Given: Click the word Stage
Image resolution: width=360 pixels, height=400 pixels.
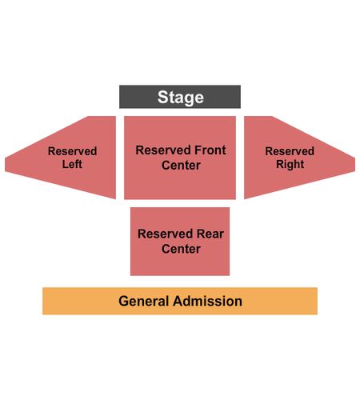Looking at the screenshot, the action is pyautogui.click(x=181, y=97).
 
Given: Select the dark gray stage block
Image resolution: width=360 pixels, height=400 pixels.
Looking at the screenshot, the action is pyautogui.click(x=180, y=97).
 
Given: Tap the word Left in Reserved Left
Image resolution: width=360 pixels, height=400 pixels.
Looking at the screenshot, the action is pyautogui.click(x=72, y=164).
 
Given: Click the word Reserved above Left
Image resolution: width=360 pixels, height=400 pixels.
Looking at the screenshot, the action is pyautogui.click(x=72, y=151).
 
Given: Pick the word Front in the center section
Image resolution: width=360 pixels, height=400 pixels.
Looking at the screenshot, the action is pyautogui.click(x=210, y=150).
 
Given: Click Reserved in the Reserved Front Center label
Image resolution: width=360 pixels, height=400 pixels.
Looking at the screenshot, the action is pyautogui.click(x=163, y=150).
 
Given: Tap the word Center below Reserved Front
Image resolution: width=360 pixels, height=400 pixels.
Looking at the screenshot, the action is pyautogui.click(x=181, y=166).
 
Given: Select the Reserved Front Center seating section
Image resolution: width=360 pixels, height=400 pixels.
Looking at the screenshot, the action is pyautogui.click(x=180, y=158).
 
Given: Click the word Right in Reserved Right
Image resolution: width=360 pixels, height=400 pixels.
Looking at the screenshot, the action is pyautogui.click(x=290, y=164).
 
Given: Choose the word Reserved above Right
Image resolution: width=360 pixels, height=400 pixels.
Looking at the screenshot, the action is pyautogui.click(x=290, y=151).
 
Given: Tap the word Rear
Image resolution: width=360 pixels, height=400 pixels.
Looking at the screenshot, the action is pyautogui.click(x=210, y=234).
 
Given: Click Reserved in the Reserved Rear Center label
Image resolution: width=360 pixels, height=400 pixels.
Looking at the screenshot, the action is pyautogui.click(x=166, y=234).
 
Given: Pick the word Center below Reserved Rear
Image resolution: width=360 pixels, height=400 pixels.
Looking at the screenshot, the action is pyautogui.click(x=181, y=249).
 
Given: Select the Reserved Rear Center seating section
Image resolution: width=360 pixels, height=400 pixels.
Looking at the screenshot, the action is pyautogui.click(x=180, y=242).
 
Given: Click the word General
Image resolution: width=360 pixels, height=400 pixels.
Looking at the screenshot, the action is pyautogui.click(x=144, y=301).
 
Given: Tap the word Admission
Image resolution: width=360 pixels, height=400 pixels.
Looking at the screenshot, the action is pyautogui.click(x=207, y=301).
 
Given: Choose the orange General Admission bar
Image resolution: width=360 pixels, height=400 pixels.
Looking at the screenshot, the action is pyautogui.click(x=180, y=301).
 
